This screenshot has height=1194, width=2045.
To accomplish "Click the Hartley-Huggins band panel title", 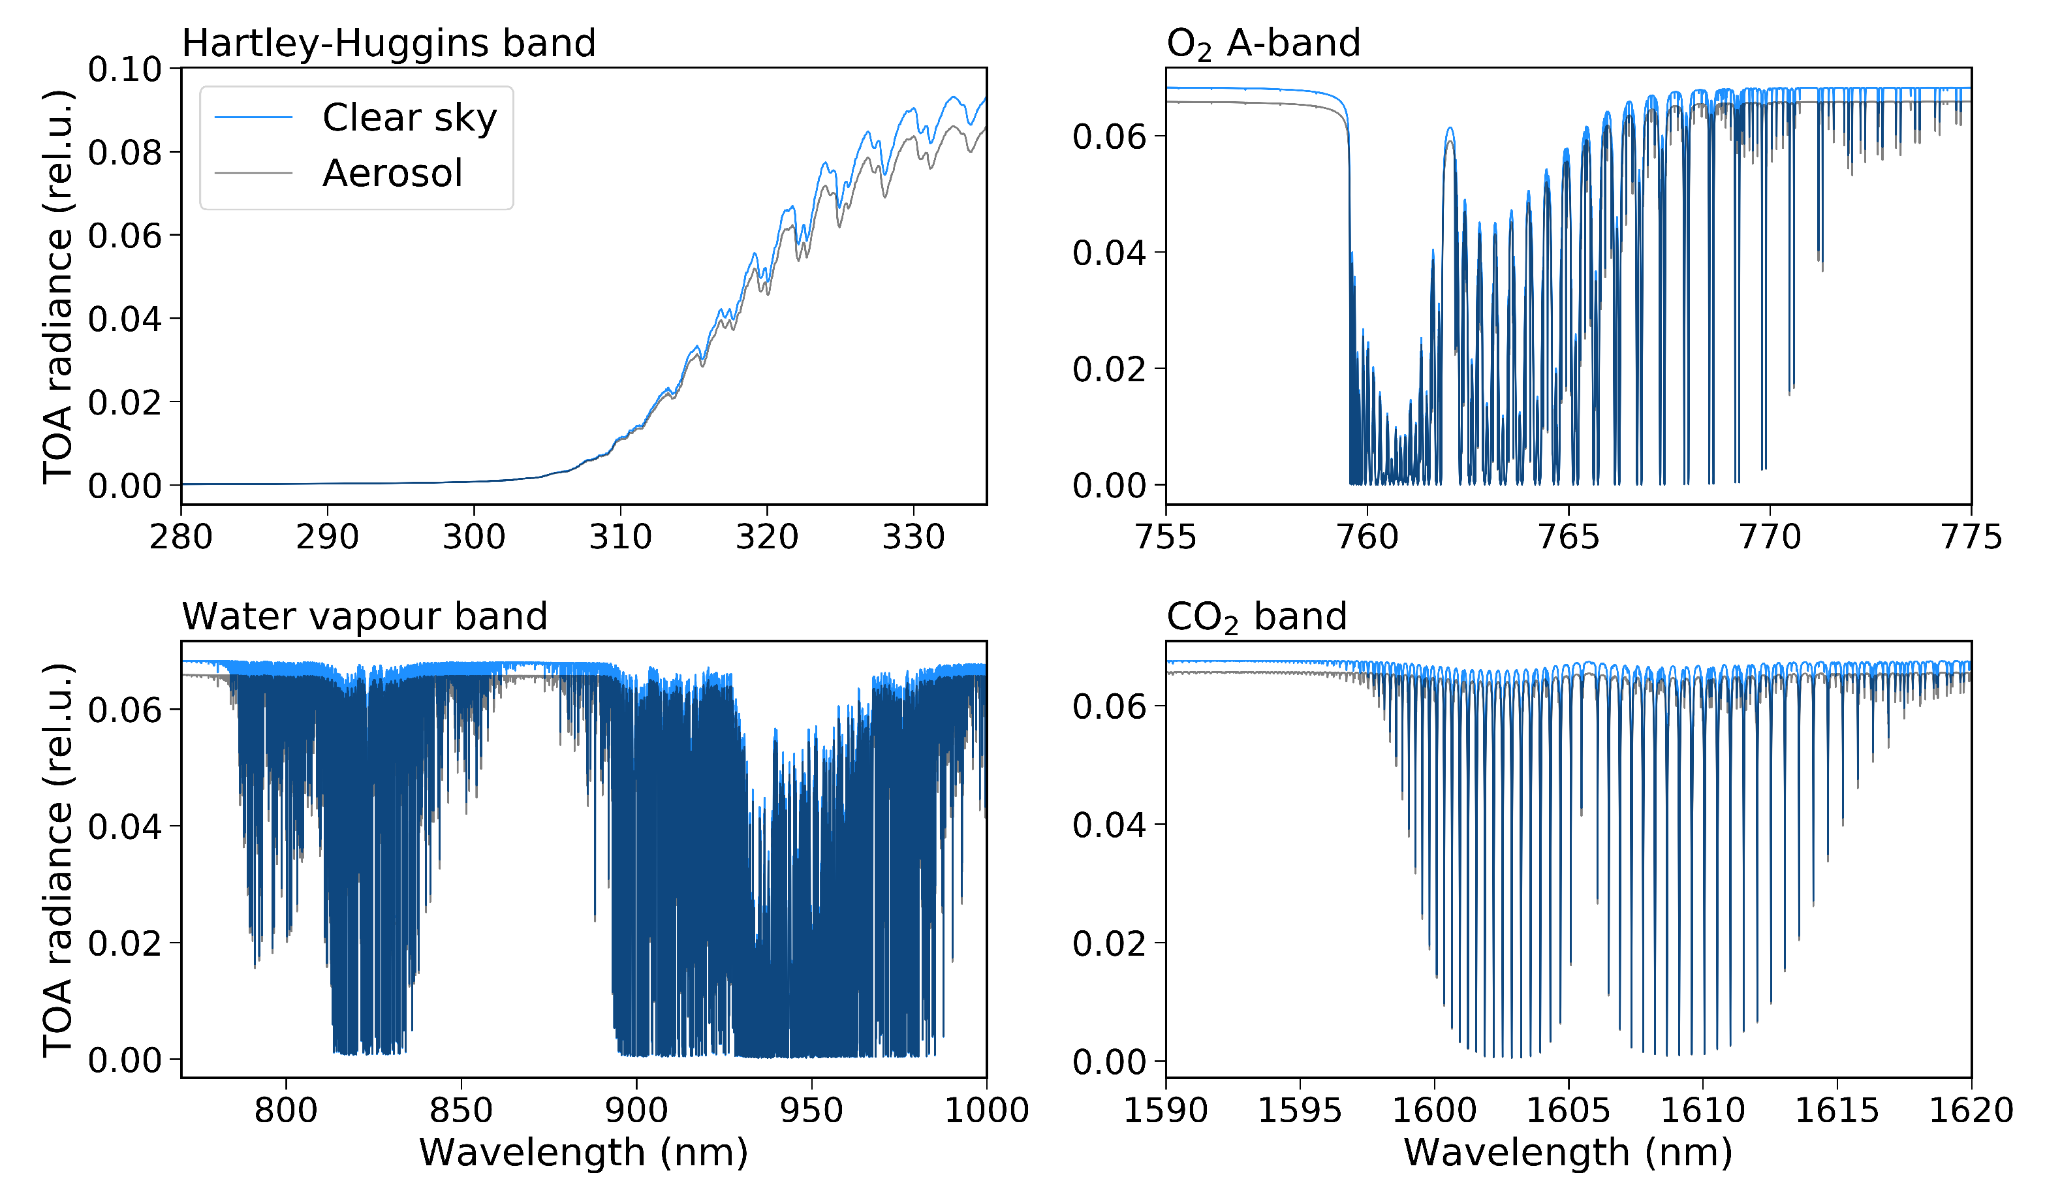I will [388, 43].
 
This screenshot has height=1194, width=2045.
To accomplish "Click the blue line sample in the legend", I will [253, 118].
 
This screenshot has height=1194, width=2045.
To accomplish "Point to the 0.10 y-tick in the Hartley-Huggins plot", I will [125, 70].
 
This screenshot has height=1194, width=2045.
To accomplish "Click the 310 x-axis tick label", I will [620, 537].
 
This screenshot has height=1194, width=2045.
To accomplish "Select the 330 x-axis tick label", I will [913, 537].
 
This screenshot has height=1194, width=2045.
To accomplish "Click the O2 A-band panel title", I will [1263, 43].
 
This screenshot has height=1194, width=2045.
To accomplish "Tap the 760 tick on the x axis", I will [1367, 537].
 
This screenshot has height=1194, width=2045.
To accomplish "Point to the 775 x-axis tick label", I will [1971, 537].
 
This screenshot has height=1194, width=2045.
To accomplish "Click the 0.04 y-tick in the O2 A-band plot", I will [1108, 253].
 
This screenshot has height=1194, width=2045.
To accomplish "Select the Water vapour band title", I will [364, 616].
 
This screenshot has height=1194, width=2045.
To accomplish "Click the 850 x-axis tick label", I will [461, 1110].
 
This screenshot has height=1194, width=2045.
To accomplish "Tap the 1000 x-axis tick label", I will [986, 1110].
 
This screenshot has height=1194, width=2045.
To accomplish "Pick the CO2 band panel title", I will [1257, 616].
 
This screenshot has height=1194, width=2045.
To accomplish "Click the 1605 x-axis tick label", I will [1568, 1110].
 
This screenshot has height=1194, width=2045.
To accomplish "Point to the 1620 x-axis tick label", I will [1971, 1110].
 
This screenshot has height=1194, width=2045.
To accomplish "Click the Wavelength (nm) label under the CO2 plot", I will [1568, 1153].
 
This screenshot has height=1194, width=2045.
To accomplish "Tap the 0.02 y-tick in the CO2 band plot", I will [1108, 943].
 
